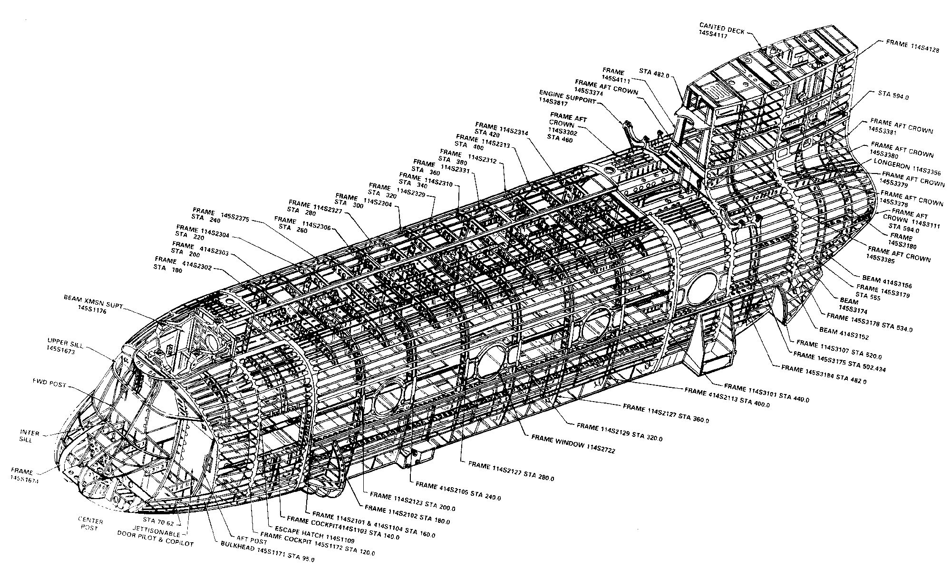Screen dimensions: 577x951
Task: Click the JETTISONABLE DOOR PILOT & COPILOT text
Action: [x=155, y=539]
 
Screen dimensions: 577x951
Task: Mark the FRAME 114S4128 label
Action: [x=912, y=42]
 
